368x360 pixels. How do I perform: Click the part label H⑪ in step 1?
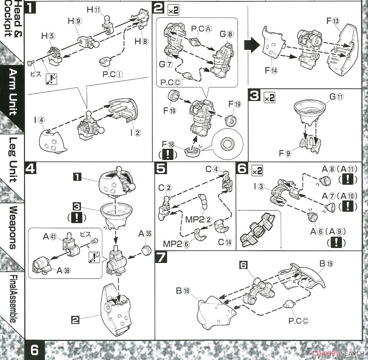[94, 10]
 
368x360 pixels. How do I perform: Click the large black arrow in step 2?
[251, 45]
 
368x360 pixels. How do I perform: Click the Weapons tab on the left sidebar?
[13, 227]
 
